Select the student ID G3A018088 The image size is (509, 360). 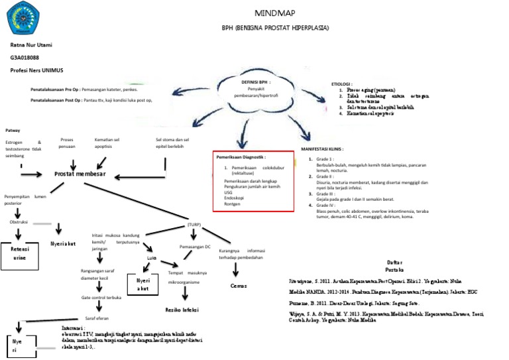click(x=24, y=58)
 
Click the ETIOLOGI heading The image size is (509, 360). click(x=347, y=84)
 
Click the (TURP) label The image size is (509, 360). click(x=194, y=225)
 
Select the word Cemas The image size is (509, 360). click(x=239, y=285)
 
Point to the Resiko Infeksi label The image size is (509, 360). click(x=183, y=309)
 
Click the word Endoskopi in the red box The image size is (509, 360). click(x=235, y=198)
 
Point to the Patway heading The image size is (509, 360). click(x=13, y=130)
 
